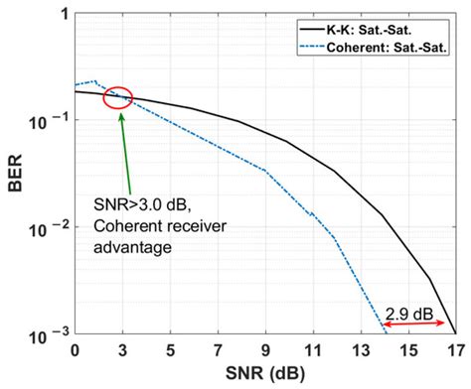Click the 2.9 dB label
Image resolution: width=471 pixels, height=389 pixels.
click(409, 311)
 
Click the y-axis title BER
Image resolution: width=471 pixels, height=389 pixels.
click(17, 177)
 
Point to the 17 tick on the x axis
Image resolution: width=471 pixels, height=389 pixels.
click(453, 351)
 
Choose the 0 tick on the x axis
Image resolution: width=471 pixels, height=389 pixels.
click(75, 351)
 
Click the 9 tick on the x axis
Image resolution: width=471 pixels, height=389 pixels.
click(265, 351)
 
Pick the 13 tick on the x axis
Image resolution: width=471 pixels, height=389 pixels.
click(361, 351)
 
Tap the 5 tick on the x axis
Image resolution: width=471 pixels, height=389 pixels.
click(170, 351)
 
